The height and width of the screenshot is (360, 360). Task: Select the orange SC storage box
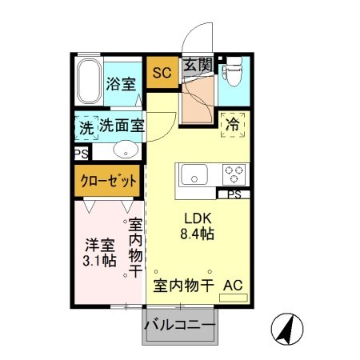[161, 72]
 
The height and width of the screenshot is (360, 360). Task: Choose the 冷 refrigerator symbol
[234, 126]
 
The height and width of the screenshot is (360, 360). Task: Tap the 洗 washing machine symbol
[86, 126]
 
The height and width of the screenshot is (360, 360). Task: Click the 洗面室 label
[121, 126]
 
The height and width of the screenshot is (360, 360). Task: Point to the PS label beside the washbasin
[82, 154]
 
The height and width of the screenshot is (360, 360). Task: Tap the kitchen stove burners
[234, 174]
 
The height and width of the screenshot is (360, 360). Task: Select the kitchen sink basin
[194, 174]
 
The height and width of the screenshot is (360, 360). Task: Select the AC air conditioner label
[233, 285]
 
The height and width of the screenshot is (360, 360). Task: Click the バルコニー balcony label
[180, 327]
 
